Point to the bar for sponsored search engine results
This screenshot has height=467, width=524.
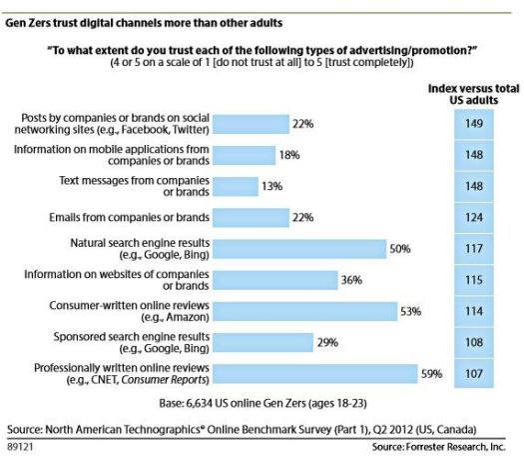pyautogui.click(x=262, y=342)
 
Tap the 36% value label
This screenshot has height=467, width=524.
pyautogui.click(x=351, y=280)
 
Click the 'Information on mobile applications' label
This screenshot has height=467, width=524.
pyautogui.click(x=111, y=155)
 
